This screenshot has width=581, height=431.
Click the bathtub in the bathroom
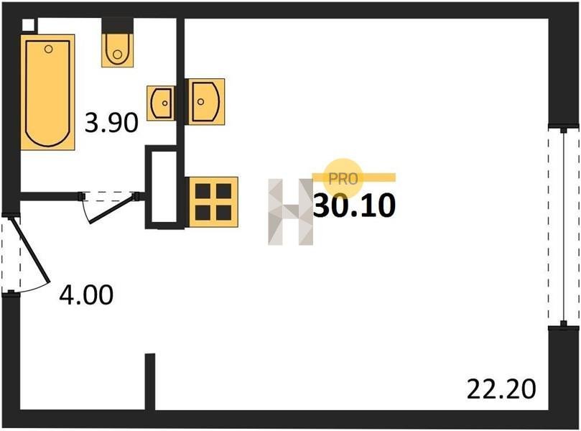click(x=48, y=92)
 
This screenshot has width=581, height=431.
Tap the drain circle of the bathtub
click(x=48, y=49)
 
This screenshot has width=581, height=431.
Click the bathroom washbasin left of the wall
click(x=161, y=103)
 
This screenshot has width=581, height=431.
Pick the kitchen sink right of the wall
click(x=205, y=101)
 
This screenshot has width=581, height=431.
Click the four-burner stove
click(x=213, y=202)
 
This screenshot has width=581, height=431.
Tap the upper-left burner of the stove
click(x=203, y=191)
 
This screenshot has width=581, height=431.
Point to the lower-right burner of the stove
click(x=224, y=213)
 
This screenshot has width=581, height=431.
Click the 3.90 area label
click(x=111, y=123)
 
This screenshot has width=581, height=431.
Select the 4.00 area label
click(x=86, y=295)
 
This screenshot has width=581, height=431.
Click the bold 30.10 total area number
click(x=355, y=205)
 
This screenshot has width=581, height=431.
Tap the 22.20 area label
click(x=501, y=389)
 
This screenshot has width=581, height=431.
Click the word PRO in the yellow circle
click(x=343, y=180)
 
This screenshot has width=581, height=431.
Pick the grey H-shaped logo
click(x=290, y=212)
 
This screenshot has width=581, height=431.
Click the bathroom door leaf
click(x=111, y=209)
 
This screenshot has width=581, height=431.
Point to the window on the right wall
click(x=564, y=227)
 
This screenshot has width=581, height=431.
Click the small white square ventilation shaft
click(x=28, y=25)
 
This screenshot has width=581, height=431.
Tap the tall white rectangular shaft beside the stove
click(x=164, y=187)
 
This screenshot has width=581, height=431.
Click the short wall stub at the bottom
click(x=150, y=381)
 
